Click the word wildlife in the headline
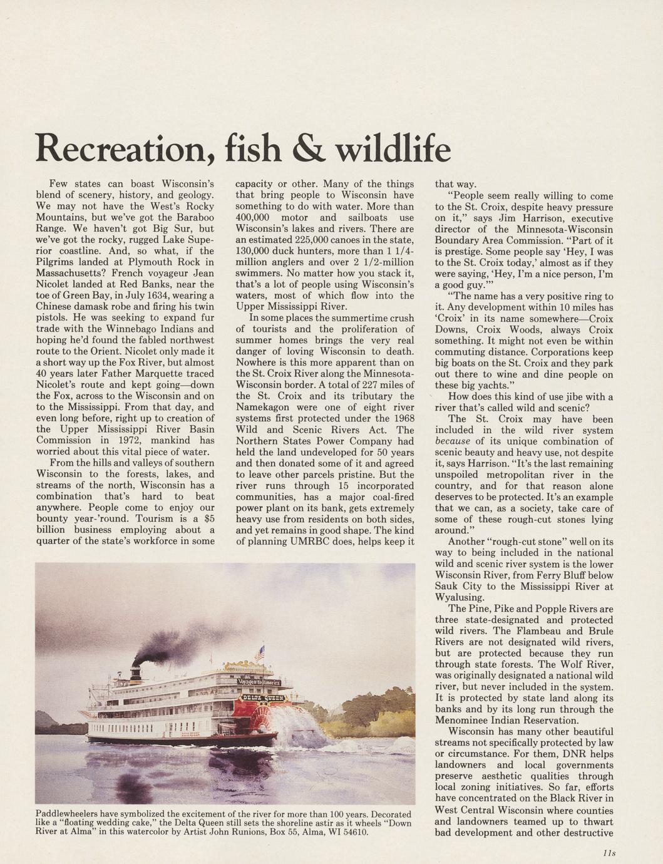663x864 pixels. click(393, 148)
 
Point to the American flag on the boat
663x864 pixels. click(260, 653)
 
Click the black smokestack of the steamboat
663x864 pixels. click(135, 672)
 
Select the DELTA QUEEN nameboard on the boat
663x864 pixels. click(263, 696)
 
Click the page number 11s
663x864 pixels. click(609, 853)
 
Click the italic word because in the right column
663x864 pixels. click(452, 441)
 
